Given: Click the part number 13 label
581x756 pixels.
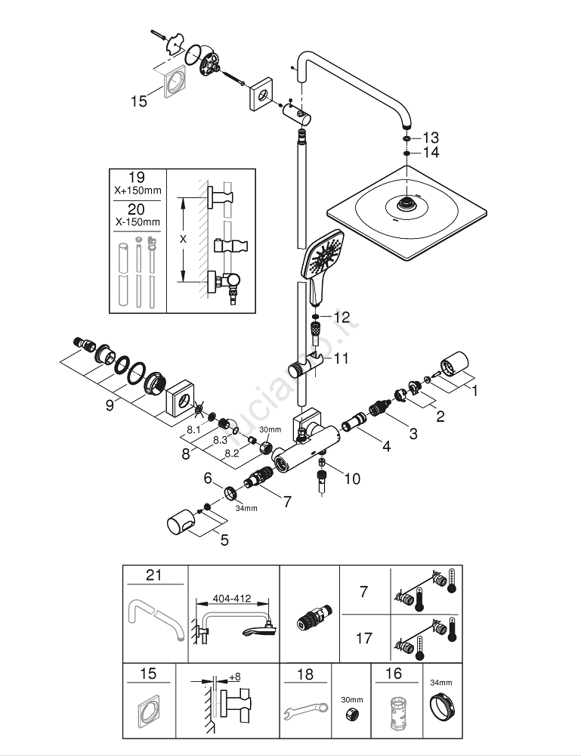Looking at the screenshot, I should pyautogui.click(x=431, y=138).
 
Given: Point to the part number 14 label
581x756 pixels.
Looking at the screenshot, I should pyautogui.click(x=431, y=153).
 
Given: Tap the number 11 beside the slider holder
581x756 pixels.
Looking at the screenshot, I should pyautogui.click(x=342, y=358).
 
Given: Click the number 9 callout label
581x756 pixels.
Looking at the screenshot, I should pyautogui.click(x=110, y=406).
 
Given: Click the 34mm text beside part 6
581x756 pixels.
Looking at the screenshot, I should pyautogui.click(x=246, y=508).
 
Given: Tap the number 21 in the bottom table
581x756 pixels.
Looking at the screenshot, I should pyautogui.click(x=154, y=575).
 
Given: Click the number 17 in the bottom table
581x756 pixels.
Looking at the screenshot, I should pyautogui.click(x=363, y=638).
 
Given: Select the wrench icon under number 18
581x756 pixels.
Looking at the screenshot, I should pyautogui.click(x=305, y=711).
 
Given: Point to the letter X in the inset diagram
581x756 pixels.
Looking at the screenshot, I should pyautogui.click(x=182, y=238).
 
